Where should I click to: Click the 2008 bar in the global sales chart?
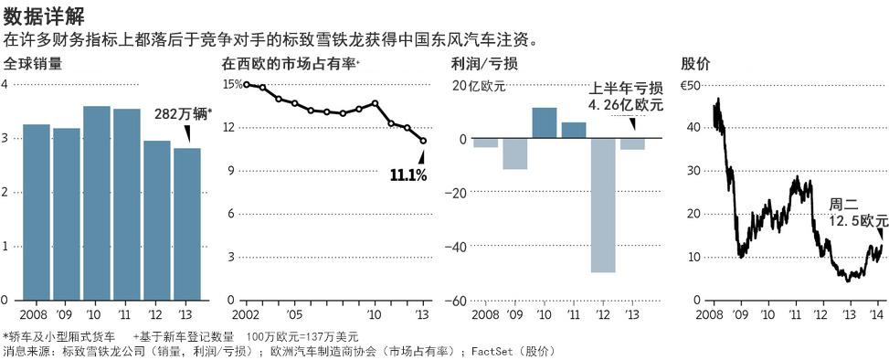pos(36,212)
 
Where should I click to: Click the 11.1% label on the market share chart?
pos(408,175)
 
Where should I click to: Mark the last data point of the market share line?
pos(423,141)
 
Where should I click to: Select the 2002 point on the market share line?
pos(246,85)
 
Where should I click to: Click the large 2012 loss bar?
pos(602,206)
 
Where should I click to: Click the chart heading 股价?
pos(695,64)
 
